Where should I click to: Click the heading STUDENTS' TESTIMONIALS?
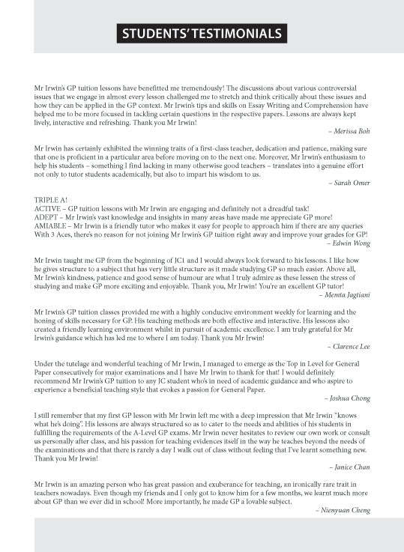click(x=202, y=34)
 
